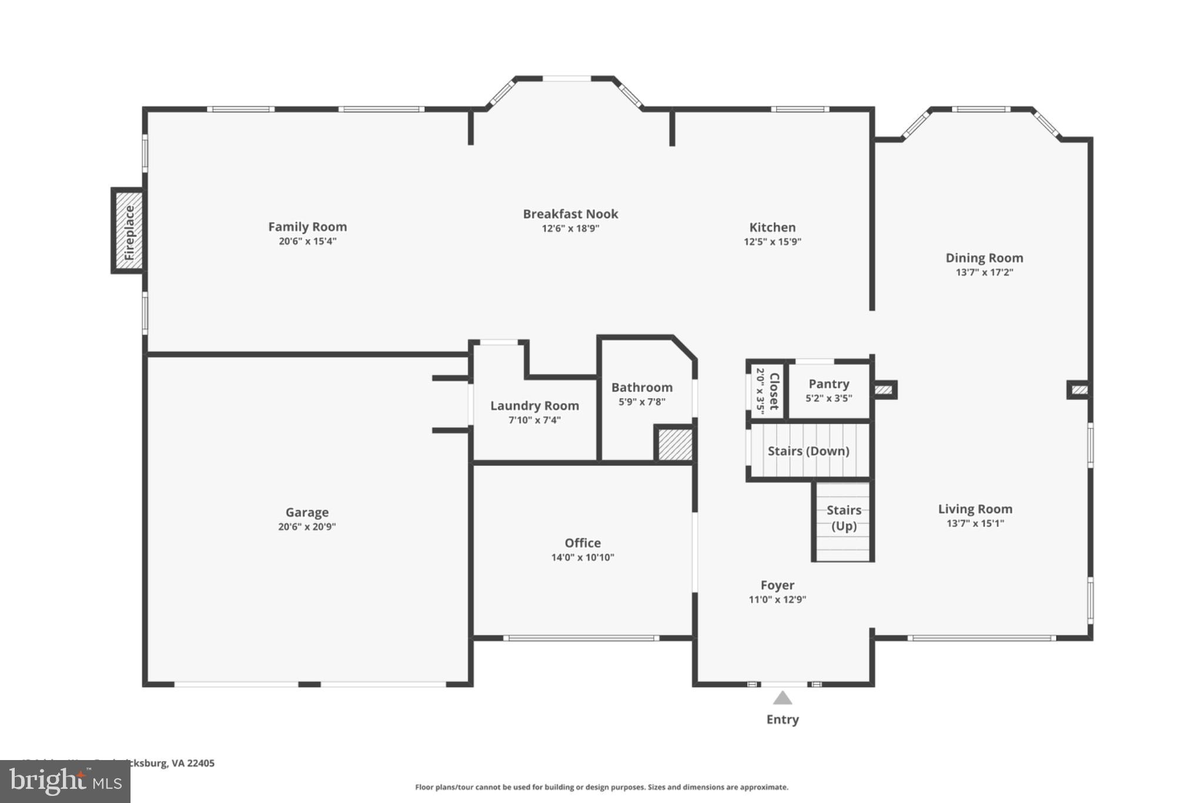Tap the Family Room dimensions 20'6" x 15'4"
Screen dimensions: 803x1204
point(307,241)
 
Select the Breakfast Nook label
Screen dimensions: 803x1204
point(570,214)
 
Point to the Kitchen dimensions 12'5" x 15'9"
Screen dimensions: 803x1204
point(772,242)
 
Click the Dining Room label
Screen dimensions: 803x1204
point(984,258)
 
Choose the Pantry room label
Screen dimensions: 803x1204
point(828,384)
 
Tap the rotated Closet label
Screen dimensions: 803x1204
point(774,391)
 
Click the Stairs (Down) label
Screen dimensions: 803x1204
point(808,451)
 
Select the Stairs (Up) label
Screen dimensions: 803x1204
point(844,518)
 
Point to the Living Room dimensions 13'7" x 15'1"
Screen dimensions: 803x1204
point(975,524)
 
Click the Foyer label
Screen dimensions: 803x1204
point(777,585)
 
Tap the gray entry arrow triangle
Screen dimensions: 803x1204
point(782,698)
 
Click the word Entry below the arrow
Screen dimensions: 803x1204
point(782,719)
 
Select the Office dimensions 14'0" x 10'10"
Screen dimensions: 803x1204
point(582,558)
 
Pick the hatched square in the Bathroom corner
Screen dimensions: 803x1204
point(674,444)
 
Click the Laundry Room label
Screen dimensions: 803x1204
point(534,406)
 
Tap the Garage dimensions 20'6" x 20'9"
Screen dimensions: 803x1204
point(306,527)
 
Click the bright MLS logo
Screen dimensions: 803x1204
point(65,781)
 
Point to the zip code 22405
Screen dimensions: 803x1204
point(200,763)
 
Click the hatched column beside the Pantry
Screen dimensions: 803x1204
point(884,389)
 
